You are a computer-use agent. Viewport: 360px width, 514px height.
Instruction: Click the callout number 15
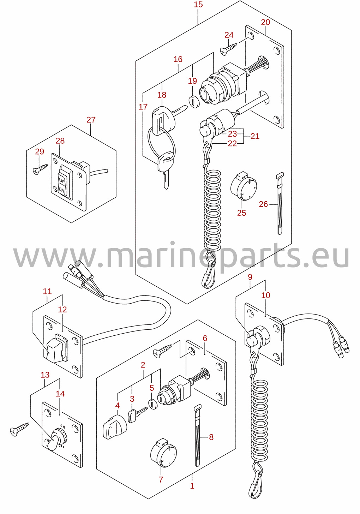tap(198, 4)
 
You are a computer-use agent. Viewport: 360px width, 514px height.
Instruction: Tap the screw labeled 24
tap(228, 49)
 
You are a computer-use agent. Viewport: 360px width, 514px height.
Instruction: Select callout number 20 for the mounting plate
tap(265, 22)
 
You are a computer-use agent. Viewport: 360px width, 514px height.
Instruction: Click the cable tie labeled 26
tap(280, 203)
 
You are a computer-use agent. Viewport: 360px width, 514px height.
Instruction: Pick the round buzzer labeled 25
tap(244, 186)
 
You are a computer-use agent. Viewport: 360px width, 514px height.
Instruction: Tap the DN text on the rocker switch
tap(62, 190)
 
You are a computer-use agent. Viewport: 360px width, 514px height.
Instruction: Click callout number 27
tap(91, 120)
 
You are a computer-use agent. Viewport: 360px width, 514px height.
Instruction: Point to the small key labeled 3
tap(137, 415)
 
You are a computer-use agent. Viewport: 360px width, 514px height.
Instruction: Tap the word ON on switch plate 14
tap(62, 426)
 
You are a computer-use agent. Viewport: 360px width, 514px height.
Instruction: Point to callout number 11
tap(47, 292)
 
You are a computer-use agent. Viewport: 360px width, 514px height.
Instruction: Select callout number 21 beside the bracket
tap(255, 136)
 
